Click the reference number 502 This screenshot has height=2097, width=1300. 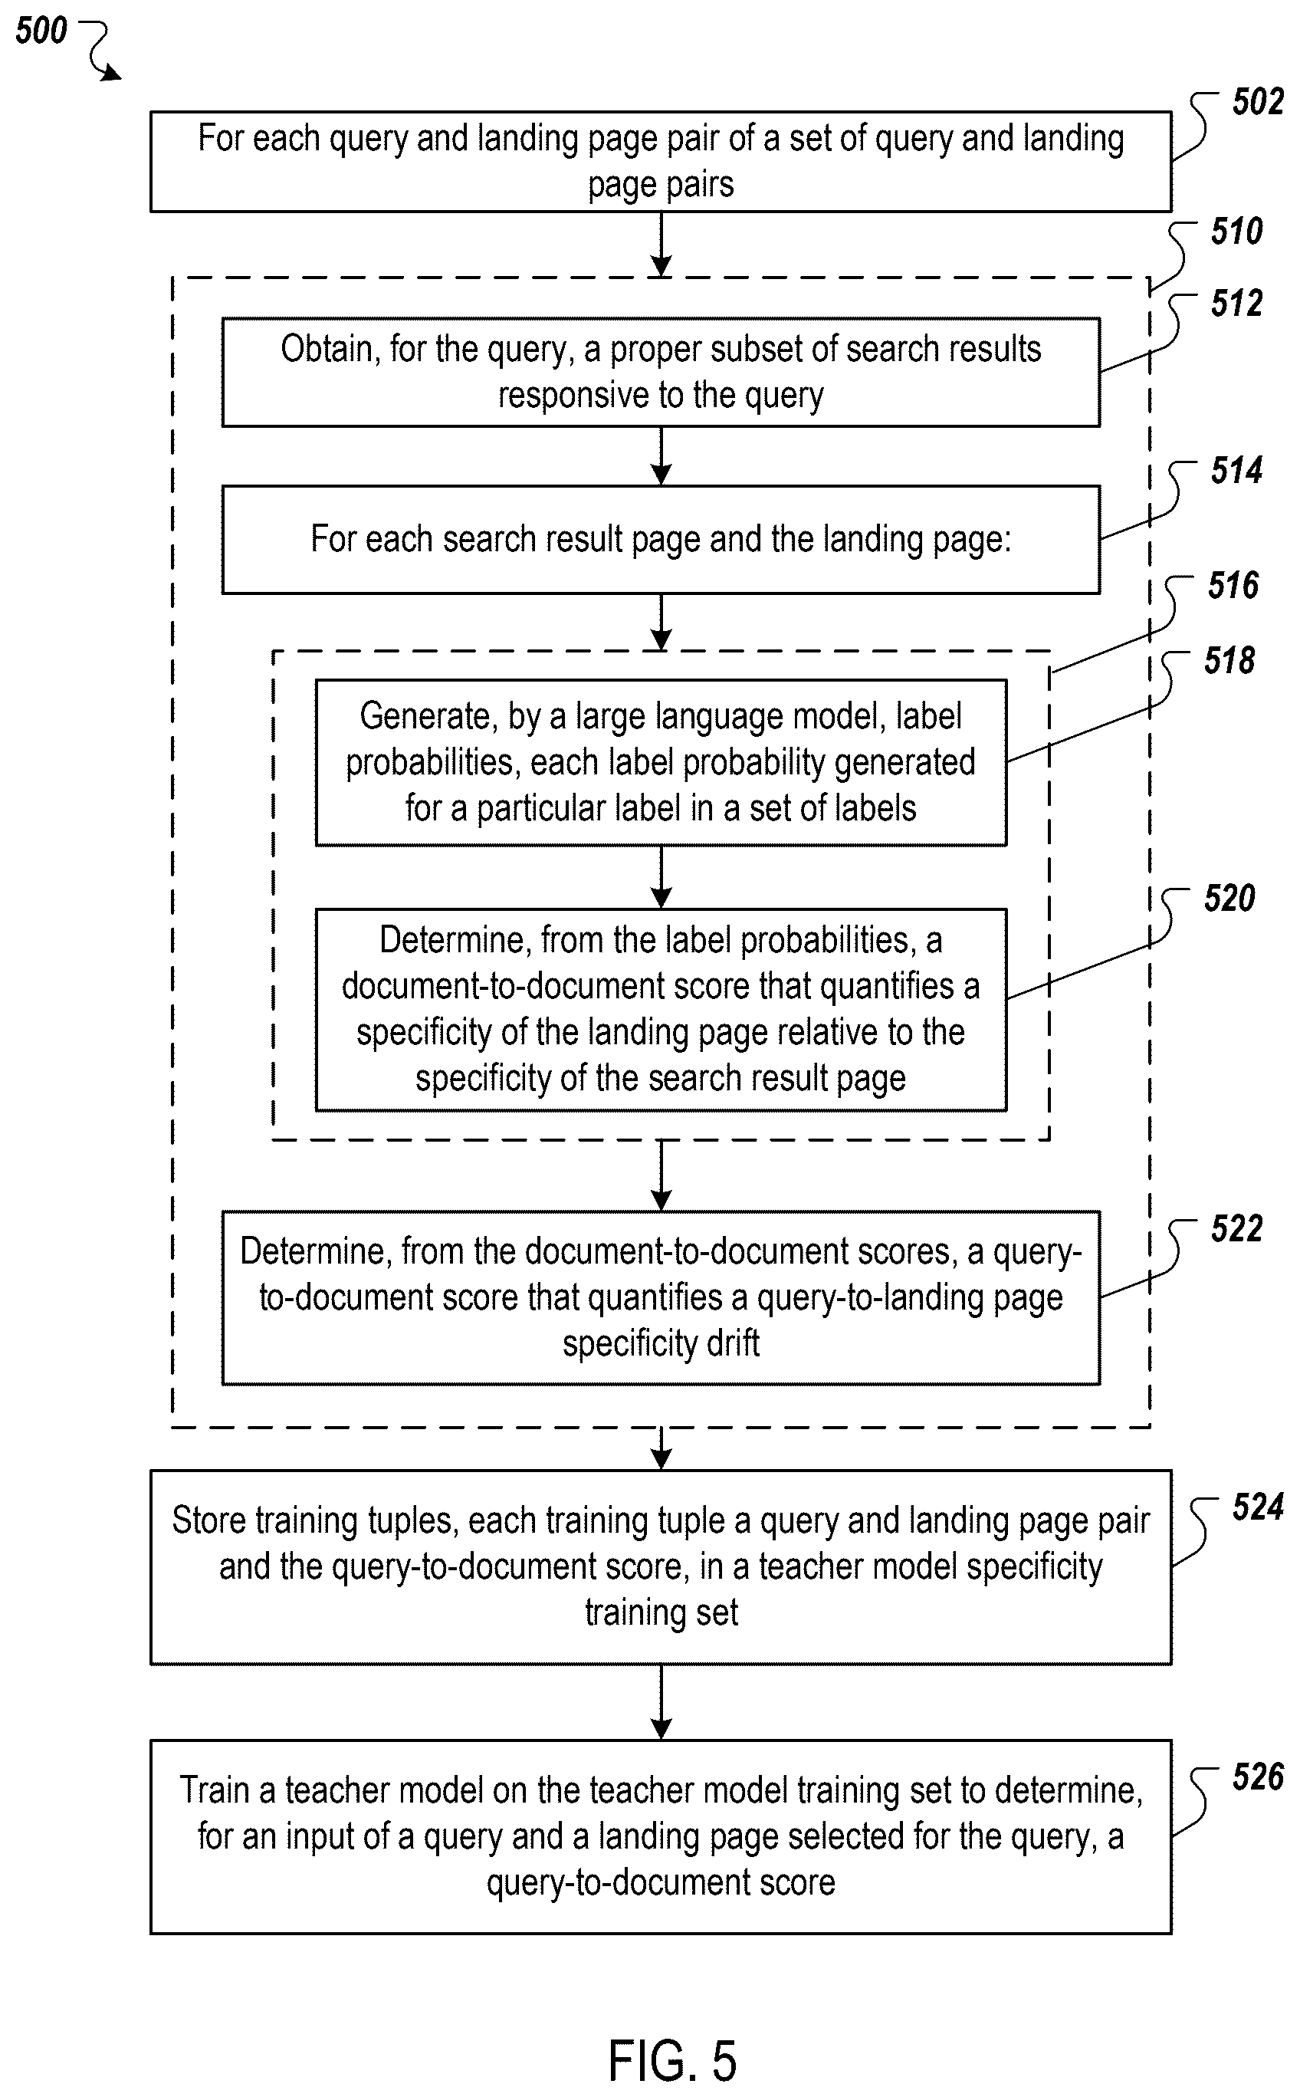tap(1257, 102)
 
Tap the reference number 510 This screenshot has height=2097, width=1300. tap(1236, 232)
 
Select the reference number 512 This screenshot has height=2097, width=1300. tap(1236, 304)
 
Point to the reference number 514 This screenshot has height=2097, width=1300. tap(1236, 470)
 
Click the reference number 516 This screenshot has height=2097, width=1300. tap(1233, 586)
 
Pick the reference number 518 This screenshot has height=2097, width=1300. tap(1229, 660)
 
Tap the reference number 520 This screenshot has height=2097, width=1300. tap(1229, 899)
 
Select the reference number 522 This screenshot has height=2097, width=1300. tap(1236, 1228)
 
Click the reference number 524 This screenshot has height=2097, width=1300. tap(1257, 1507)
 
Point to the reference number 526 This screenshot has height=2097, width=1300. tap(1257, 1777)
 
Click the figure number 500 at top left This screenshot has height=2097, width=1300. tap(41, 31)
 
